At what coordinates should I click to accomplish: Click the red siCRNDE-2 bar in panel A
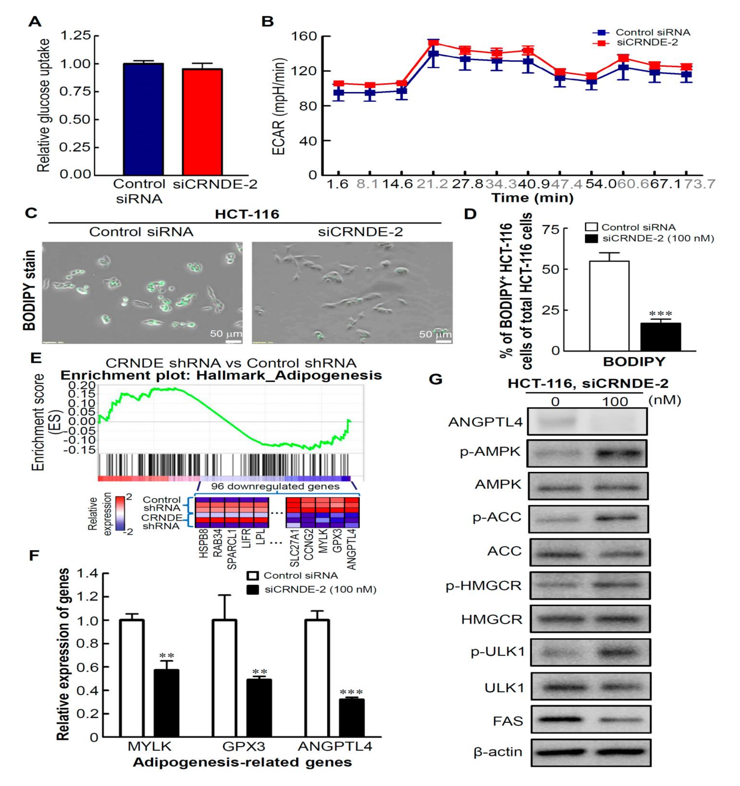[202, 122]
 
